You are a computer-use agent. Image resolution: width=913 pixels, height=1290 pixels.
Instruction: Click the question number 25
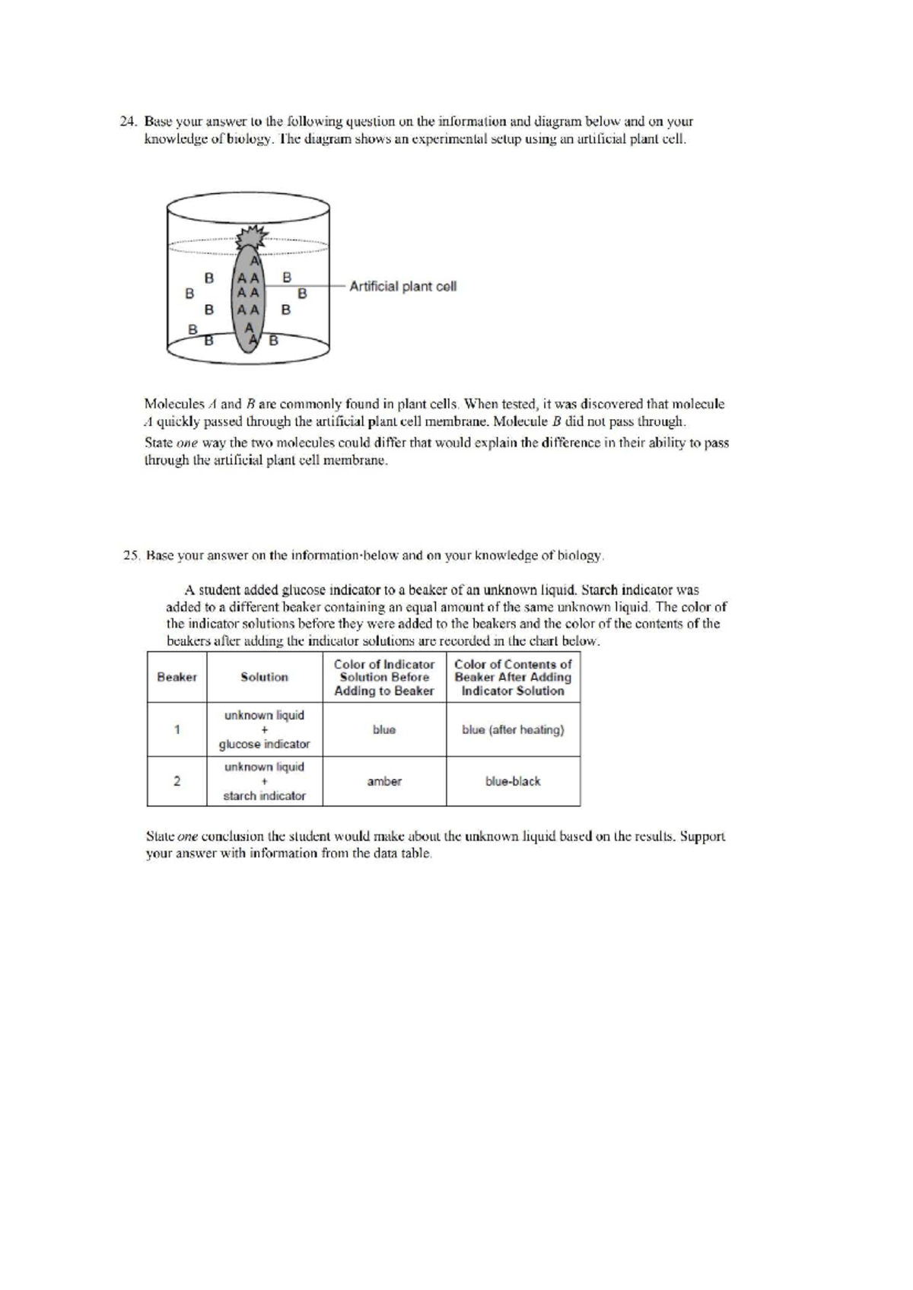coord(130,556)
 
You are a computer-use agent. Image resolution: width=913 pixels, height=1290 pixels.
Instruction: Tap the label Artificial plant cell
coord(402,287)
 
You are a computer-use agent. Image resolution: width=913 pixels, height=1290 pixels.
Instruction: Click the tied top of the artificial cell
coord(250,237)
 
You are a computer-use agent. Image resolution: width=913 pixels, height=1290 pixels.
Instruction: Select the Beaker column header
coord(177,677)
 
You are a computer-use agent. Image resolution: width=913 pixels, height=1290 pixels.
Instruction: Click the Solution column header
coord(264,677)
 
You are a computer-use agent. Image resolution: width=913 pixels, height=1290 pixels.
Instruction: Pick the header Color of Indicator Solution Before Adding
coord(384,677)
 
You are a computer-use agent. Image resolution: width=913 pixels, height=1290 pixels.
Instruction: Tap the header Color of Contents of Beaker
coord(513,677)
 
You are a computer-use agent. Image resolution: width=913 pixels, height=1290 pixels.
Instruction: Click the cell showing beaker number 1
coord(177,729)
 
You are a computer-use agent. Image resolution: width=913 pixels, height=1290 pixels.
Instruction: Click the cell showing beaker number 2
coord(177,781)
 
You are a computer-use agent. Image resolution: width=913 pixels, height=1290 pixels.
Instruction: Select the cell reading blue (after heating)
coord(513,729)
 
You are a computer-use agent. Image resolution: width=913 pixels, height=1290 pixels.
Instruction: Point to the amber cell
coord(384,781)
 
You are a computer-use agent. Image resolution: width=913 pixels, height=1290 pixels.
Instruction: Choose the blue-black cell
coord(513,781)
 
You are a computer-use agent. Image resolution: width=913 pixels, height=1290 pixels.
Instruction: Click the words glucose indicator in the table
coord(264,744)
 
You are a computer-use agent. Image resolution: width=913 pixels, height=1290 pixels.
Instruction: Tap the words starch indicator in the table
coord(264,796)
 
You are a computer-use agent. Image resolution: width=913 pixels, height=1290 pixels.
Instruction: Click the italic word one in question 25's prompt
coord(187,837)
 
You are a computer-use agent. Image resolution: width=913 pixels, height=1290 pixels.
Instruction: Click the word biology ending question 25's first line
coord(581,556)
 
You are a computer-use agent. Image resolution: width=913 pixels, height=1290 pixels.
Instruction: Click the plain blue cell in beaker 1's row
coord(384,729)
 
